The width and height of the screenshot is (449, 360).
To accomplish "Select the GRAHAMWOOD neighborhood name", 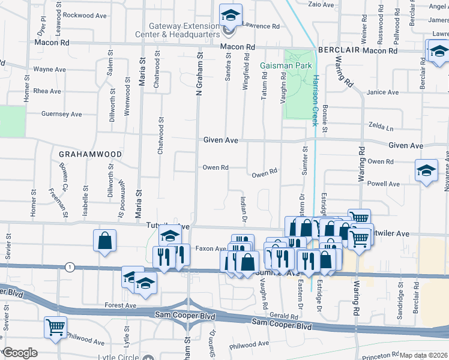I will coord(90,154).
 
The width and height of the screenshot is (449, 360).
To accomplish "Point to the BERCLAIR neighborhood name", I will coord(339,51).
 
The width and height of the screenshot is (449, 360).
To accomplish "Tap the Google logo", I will coord(20,353).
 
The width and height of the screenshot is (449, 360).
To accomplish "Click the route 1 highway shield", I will coord(70,266).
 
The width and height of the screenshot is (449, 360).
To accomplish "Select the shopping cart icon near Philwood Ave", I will coord(55,327).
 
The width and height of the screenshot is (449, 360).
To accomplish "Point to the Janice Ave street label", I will coord(382,92).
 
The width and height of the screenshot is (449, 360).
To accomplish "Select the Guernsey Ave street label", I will coord(61,114).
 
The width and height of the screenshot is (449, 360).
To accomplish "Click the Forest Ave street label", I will coord(121,305).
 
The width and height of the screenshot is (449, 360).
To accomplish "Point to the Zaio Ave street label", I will coord(321,4).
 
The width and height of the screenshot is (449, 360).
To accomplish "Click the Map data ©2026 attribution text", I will coord(423,355).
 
